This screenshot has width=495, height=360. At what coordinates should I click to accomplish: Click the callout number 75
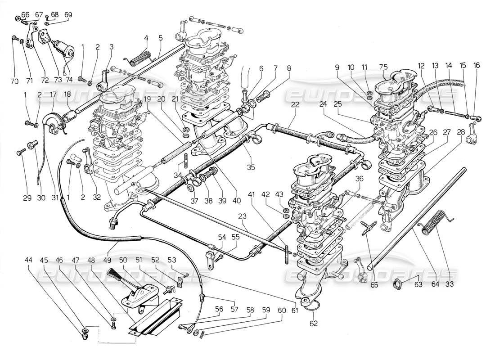(383, 66)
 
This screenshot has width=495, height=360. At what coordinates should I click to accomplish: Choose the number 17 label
(53, 94)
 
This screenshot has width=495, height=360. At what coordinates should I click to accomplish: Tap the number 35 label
(250, 167)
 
